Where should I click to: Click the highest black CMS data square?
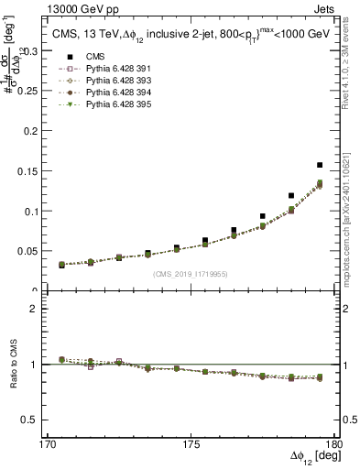[320, 165]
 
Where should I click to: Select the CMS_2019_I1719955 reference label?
[191, 273]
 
